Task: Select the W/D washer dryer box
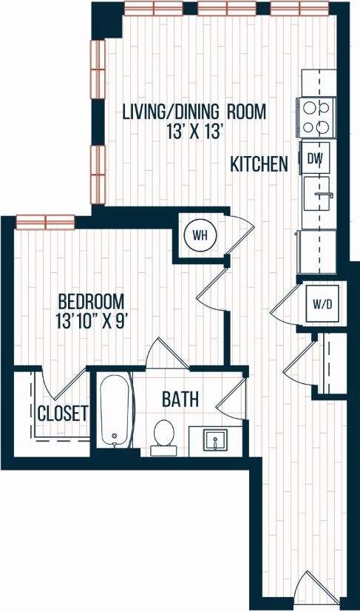pos(322,303)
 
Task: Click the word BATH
pos(180,400)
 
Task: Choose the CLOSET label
pos(63,413)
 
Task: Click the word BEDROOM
pos(91,302)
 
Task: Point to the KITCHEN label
pos(259,164)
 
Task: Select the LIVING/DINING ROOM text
pos(194,112)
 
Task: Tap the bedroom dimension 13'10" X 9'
pos(91,322)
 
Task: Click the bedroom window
pos(45,222)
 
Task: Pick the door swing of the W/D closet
pos(285,303)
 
